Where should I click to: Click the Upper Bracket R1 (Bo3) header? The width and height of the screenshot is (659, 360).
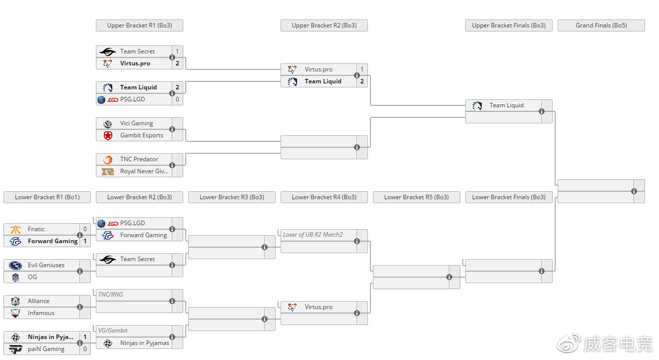139,25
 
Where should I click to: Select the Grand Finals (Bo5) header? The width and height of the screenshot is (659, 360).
601,25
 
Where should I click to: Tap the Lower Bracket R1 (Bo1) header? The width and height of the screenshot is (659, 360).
47,197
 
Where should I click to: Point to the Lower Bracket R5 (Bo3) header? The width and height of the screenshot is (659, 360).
416,197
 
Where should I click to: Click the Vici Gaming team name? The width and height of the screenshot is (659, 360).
136,123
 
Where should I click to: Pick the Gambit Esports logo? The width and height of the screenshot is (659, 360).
108,135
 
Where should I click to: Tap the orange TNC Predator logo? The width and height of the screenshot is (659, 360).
108,159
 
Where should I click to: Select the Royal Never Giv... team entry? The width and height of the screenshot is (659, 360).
144,171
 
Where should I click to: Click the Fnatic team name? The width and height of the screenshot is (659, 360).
36,229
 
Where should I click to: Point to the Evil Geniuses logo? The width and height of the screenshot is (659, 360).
15,265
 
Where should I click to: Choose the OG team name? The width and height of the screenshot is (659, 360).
32,277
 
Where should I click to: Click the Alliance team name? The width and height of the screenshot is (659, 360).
38,301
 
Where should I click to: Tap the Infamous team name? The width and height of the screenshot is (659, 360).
41,313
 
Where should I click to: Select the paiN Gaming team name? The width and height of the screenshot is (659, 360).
46,349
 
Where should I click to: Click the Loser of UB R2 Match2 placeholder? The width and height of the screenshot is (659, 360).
313,235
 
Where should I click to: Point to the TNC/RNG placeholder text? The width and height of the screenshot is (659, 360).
111,295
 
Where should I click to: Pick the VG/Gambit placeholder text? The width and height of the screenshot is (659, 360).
113,331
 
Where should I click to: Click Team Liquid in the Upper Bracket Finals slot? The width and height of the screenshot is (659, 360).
506,105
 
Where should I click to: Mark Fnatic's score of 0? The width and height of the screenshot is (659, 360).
85,229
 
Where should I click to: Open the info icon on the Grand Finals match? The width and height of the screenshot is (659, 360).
634,191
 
